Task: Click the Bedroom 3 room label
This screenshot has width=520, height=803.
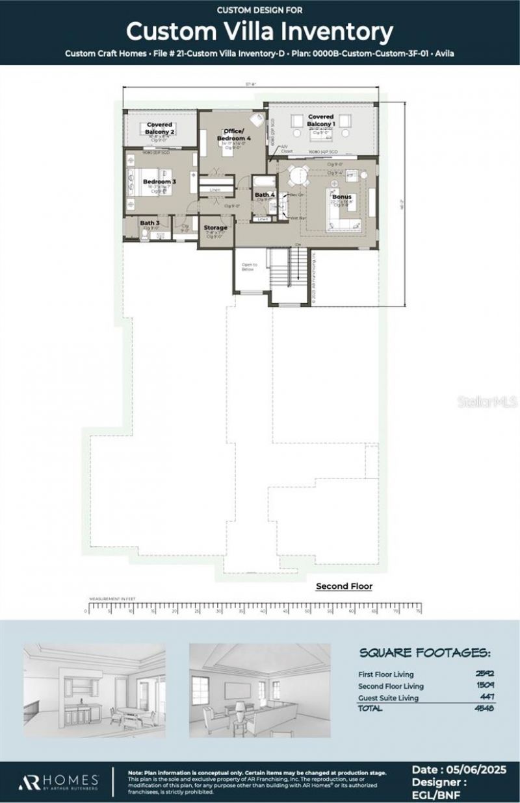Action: point(159,182)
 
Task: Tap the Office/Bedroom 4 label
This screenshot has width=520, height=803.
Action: point(233,134)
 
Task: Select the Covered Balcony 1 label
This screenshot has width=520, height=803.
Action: point(322,120)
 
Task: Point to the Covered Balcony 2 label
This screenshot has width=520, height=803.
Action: point(159,128)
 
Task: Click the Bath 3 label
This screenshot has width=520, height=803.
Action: point(149,223)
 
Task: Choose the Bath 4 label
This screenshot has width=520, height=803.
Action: point(265,195)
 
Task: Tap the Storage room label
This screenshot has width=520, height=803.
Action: point(216,227)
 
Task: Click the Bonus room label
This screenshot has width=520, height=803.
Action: point(342,196)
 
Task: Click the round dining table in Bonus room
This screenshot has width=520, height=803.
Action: point(298,176)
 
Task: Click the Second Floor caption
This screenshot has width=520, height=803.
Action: point(344,586)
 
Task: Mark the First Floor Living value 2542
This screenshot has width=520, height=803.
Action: point(485,674)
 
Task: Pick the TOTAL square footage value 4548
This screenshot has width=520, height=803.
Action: point(485,708)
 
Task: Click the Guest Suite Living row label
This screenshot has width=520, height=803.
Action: point(388,698)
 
